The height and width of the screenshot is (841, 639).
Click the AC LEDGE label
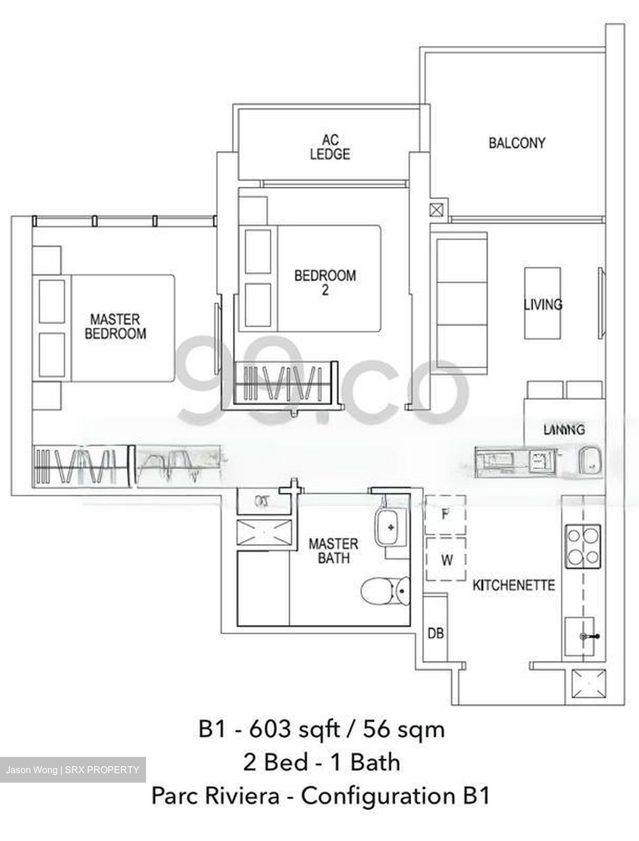(x=330, y=147)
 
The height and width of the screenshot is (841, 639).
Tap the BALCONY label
(x=517, y=143)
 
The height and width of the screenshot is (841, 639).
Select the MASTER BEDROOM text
(x=115, y=326)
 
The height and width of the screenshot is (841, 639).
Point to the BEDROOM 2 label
(x=325, y=282)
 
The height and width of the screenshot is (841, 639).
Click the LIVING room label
(x=543, y=304)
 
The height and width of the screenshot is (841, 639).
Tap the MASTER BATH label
(x=334, y=551)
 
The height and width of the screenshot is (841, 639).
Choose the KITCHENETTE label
(x=513, y=585)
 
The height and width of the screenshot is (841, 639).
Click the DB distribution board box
(x=435, y=633)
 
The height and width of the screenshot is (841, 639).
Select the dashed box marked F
(x=445, y=515)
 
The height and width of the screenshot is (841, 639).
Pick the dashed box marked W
(x=446, y=559)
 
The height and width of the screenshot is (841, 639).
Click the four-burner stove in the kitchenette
(x=582, y=546)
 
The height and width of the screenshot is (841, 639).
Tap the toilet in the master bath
(x=386, y=590)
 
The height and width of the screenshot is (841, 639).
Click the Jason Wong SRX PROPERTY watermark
(x=72, y=770)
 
